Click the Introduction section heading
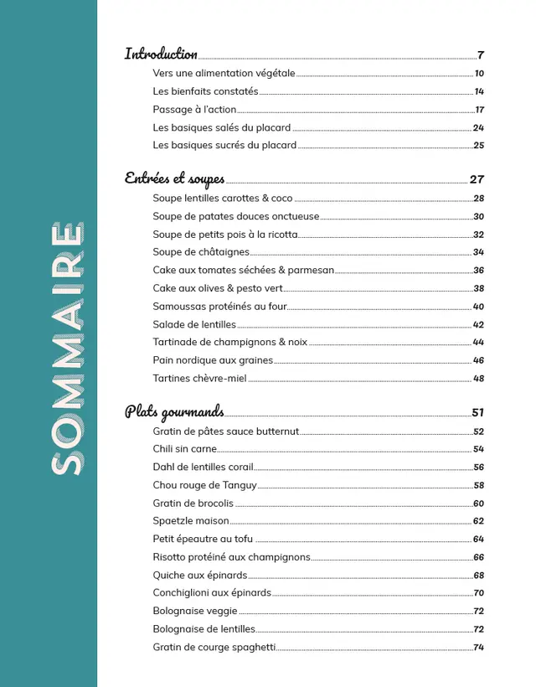pos(161,54)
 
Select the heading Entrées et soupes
pos(174,178)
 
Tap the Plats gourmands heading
pos(174,411)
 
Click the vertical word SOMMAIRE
pos(66,349)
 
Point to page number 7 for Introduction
pos(481,55)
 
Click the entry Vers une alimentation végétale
pos(224,74)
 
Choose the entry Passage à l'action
pos(194,110)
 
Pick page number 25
pos(478,146)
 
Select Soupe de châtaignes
pos(201,252)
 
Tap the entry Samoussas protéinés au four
pos(219,307)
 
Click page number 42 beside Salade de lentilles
pos(478,325)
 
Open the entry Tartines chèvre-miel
pos(199,379)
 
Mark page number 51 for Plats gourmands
pos(477,412)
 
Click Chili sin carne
pos(184,450)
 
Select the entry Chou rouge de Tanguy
pos(204,486)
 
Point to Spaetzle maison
pos(191,521)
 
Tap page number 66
pos(478,558)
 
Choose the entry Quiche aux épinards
pos(199,576)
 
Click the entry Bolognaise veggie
pos(195,612)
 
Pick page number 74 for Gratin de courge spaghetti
pos(478,648)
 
